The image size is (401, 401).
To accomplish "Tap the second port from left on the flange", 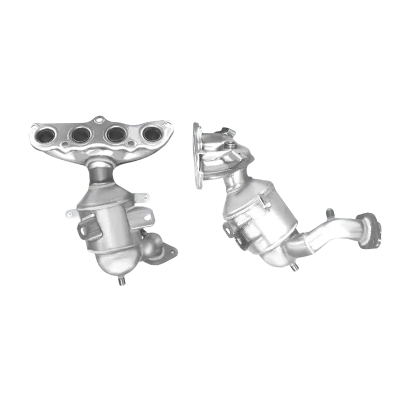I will coord(81,134).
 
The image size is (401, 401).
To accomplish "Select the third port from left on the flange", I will coord(116,134).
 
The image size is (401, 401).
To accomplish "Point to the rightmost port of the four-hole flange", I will coord(151,133).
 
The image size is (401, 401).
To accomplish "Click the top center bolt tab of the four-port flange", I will coord(99,120).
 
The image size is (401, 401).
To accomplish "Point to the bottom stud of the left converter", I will coord(121,282).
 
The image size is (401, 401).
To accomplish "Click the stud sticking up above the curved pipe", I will coord(329,213).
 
